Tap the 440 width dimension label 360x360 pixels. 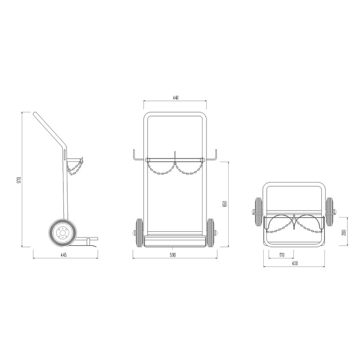coord(175,98)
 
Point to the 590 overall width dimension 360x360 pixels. coord(172,255)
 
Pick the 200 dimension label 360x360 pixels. coord(344,233)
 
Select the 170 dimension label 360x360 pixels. coord(282,255)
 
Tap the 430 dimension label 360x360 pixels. coord(295,263)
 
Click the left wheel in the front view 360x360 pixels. coord(139,232)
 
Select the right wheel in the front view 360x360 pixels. coord(210,232)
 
